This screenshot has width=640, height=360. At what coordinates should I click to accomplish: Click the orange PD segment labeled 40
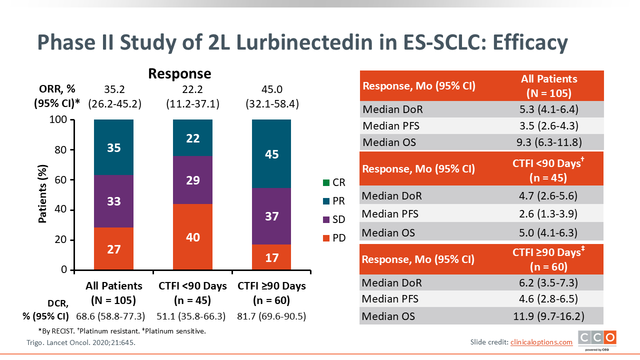point(192,237)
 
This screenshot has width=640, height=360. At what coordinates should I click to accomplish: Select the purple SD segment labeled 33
point(114,201)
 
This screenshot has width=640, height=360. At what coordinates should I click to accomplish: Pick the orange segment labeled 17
point(271,257)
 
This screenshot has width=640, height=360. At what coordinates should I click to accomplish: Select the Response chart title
point(179,74)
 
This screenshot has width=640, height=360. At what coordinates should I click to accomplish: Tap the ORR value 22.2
point(192,89)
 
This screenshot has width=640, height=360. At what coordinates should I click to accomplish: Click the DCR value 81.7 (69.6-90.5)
point(271,316)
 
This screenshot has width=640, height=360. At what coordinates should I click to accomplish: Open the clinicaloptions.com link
point(541,342)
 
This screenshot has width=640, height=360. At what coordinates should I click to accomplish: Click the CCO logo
point(597,339)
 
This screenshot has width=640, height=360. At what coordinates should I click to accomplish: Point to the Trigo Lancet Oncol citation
point(80,342)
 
